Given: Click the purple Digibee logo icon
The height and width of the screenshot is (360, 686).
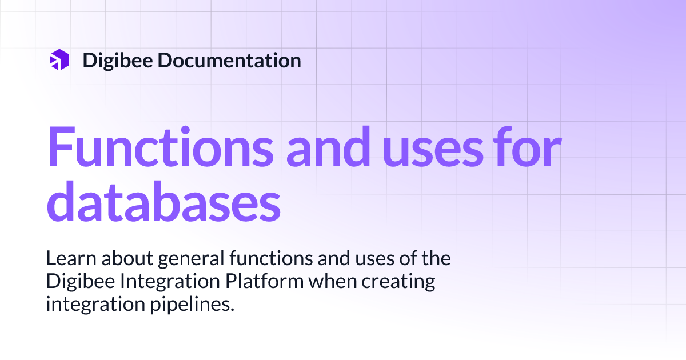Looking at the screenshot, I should click(59, 60).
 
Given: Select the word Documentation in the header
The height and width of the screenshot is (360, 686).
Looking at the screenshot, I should click(229, 60).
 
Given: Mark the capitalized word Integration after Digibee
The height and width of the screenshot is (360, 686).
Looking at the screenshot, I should click(159, 282).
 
